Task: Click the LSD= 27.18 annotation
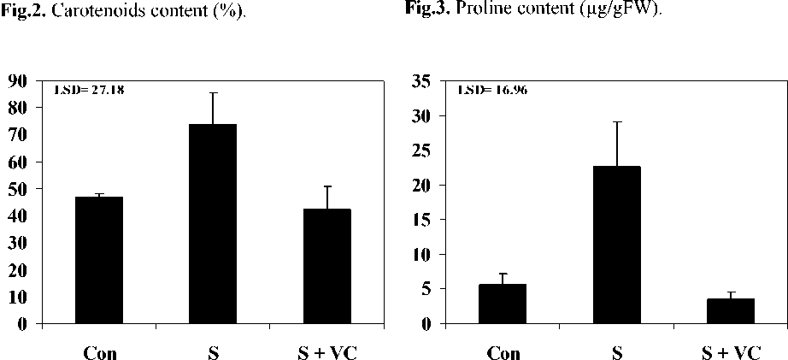[90, 89]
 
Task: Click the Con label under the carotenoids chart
[100, 351]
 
